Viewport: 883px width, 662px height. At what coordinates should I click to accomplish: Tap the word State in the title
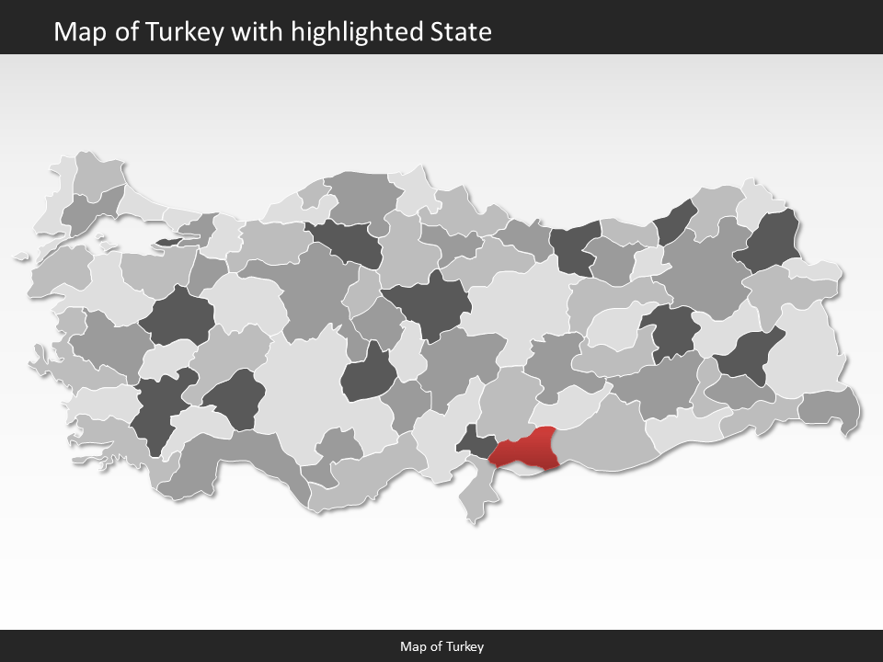click(x=461, y=32)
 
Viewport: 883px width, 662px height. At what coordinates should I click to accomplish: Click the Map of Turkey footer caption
click(x=441, y=646)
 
